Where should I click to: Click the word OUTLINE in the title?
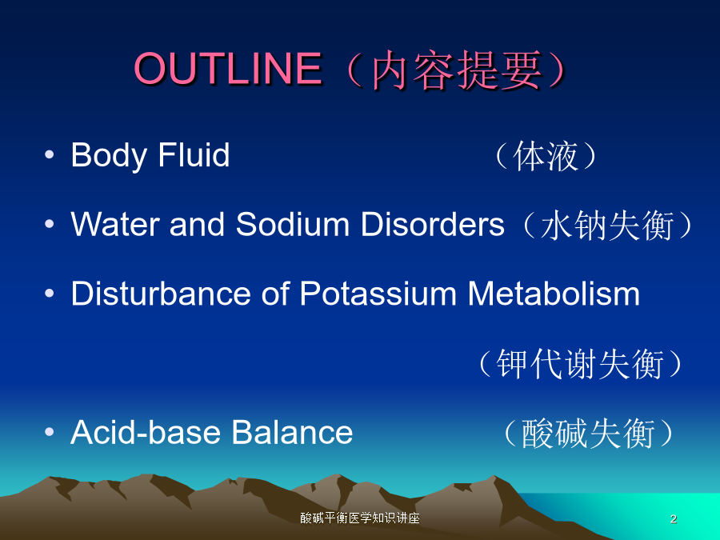228,69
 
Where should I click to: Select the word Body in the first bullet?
108,156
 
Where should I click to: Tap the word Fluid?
194,154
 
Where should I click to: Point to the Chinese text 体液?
546,156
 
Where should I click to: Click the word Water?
114,225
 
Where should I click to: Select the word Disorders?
433,224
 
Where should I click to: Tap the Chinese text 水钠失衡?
607,226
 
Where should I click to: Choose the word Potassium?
378,294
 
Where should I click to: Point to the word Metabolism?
554,294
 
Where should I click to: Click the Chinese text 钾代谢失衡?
581,364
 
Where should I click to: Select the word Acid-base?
148,432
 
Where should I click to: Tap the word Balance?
292,432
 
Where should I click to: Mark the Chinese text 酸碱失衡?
588,434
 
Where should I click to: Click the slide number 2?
673,519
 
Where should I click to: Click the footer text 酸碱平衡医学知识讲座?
360,518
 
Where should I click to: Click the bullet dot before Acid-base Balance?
49,432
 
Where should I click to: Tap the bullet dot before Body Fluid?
49,154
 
